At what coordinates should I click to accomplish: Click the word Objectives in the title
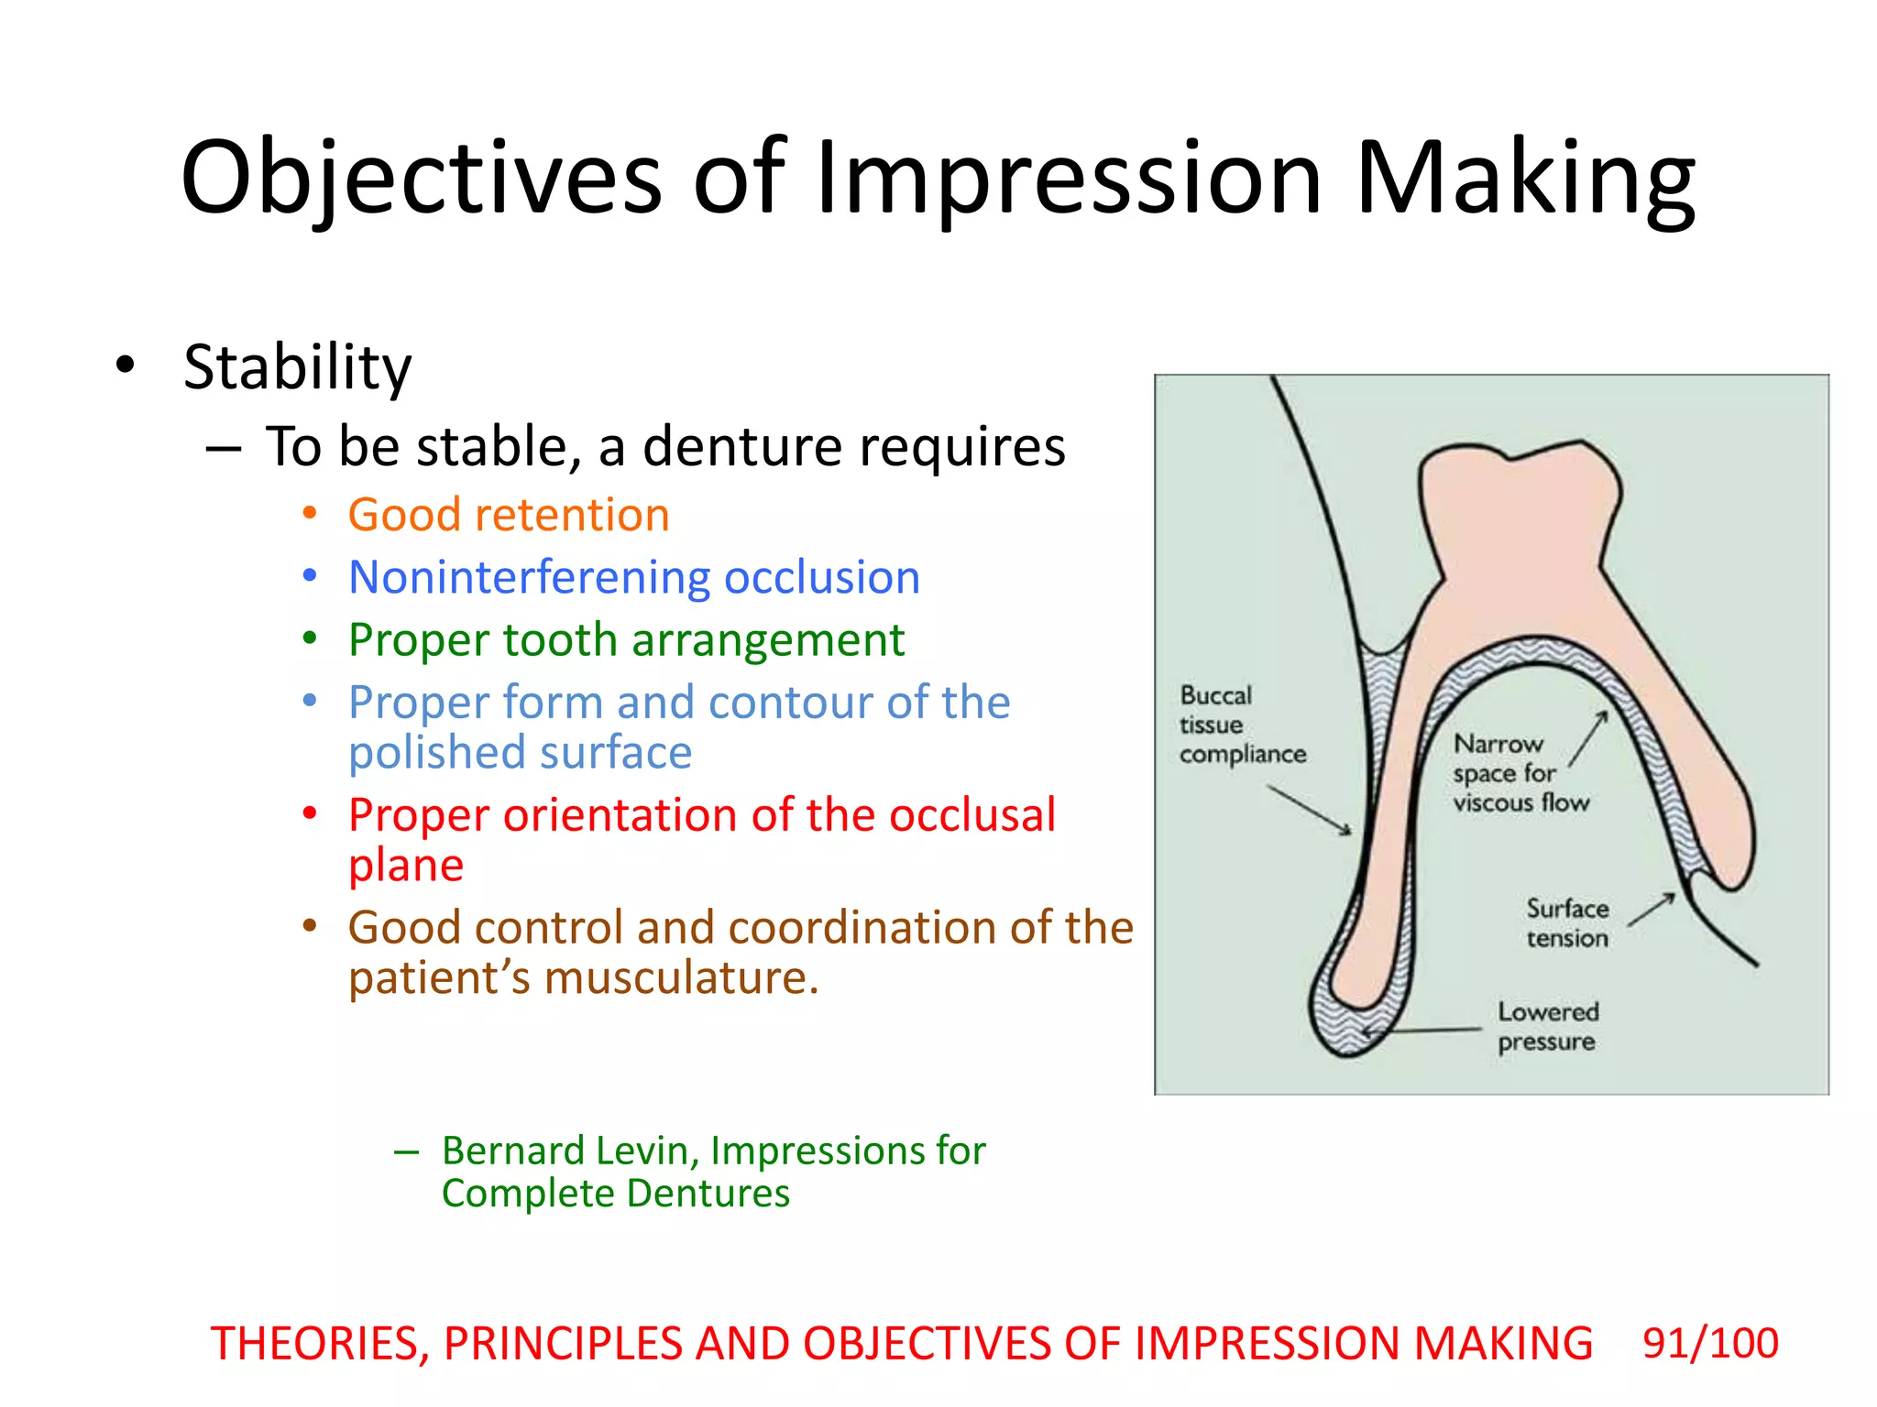[421, 178]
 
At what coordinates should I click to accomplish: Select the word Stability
[297, 367]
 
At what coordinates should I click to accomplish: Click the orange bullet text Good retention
[509, 515]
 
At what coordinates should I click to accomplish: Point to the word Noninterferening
[529, 578]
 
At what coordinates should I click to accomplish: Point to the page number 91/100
[1710, 1344]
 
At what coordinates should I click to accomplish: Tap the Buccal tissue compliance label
[1241, 725]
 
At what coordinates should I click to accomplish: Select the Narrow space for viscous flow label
[1520, 773]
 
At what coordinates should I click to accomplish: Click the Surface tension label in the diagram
[1567, 923]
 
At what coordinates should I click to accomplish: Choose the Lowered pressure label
[1548, 1027]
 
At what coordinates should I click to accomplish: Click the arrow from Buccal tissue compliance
[1310, 810]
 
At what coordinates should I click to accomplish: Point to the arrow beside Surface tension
[1652, 910]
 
